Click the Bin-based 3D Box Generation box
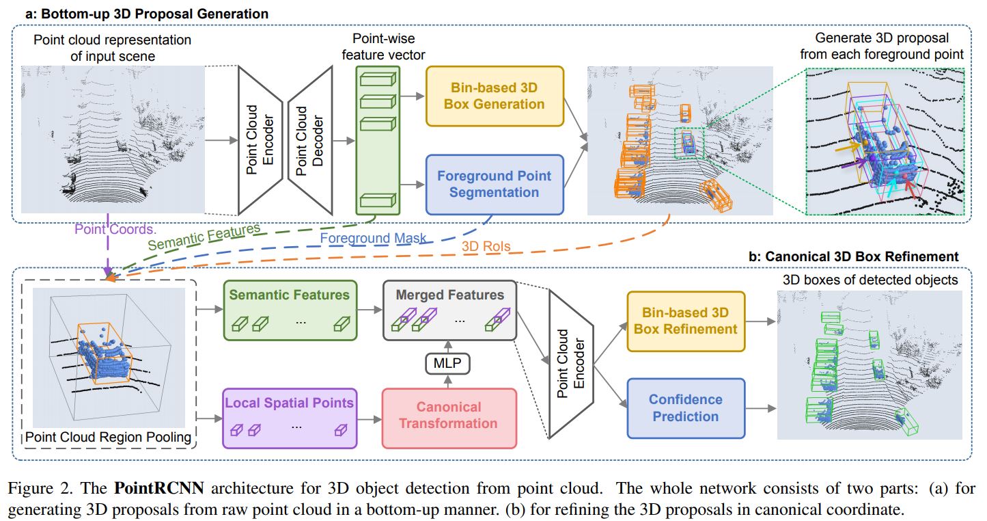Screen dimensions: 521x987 [x=495, y=96]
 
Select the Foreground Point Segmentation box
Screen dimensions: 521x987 [x=495, y=184]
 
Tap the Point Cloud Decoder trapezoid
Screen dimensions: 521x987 [x=309, y=140]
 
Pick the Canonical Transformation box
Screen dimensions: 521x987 [x=448, y=415]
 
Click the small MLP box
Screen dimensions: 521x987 [x=447, y=364]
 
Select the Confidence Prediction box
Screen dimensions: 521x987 [x=685, y=408]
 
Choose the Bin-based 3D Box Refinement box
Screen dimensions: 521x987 [x=685, y=321]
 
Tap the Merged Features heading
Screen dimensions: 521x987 [x=449, y=295]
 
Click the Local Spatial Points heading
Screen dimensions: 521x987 [x=289, y=403]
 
